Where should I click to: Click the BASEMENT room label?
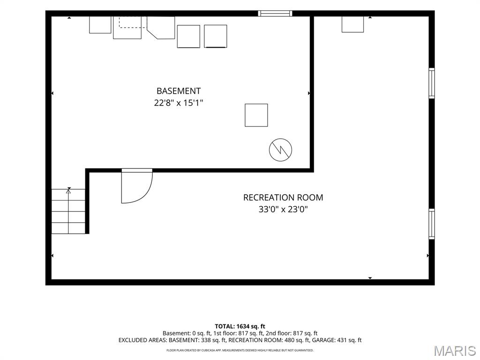tap(179, 91)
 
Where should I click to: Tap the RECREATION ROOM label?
tap(283, 197)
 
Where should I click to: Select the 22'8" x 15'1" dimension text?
tap(179, 103)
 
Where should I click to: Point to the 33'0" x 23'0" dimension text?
tap(283, 210)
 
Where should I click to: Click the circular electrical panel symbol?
tap(280, 150)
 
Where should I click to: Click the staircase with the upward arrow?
tap(68, 211)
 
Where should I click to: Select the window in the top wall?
tap(275, 14)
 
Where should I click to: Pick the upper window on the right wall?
tap(432, 83)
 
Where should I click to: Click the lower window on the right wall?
tap(432, 224)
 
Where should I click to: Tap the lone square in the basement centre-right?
tap(256, 115)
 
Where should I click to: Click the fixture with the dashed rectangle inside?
tap(127, 28)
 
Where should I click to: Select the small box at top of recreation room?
tap(352, 24)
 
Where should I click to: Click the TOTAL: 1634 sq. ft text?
tap(240, 326)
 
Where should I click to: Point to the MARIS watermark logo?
tap(455, 351)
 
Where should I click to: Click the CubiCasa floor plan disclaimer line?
tap(240, 350)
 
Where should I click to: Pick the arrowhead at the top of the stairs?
tap(68, 191)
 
